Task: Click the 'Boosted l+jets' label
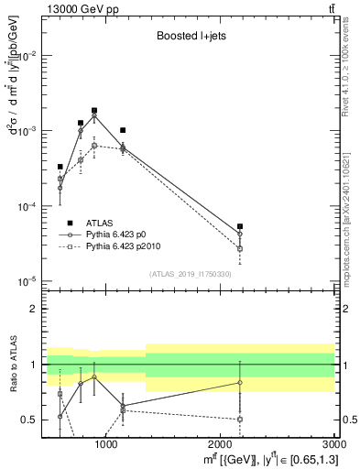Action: pyautogui.click(x=188, y=38)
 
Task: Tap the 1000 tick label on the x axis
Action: pyautogui.click(x=106, y=444)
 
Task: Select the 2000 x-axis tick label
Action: pyautogui.click(x=221, y=444)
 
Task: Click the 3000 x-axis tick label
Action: pyautogui.click(x=331, y=444)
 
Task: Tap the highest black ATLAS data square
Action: pyautogui.click(x=94, y=111)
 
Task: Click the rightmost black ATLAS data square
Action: pyautogui.click(x=240, y=226)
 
